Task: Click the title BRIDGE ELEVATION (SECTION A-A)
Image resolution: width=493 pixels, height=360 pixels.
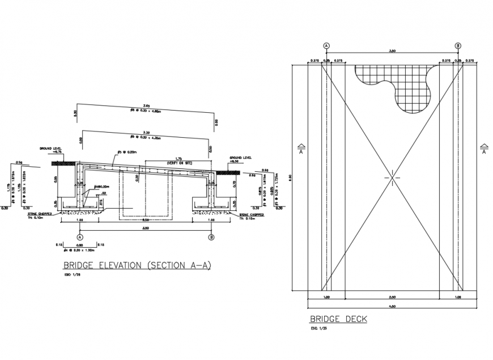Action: point(136,265)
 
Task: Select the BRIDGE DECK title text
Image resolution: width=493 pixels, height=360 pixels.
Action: point(338,319)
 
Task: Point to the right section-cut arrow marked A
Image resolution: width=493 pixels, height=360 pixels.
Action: point(484,149)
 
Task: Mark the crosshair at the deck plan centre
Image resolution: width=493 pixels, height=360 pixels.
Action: point(392,177)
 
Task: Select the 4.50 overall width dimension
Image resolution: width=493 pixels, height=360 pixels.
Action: point(392,307)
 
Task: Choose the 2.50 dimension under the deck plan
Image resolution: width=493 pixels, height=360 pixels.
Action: point(392,297)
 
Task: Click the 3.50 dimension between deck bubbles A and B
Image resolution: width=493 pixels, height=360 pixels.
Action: point(392,51)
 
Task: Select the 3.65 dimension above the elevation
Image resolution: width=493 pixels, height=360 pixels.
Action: point(146,106)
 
